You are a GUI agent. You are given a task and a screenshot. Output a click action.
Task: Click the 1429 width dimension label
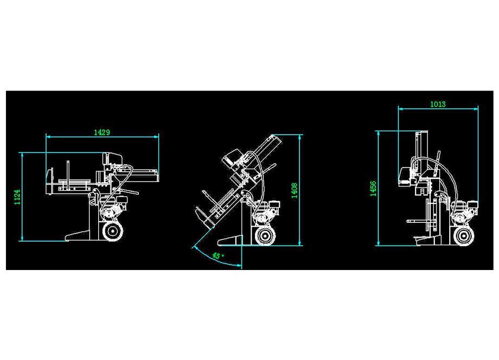[x=102, y=132]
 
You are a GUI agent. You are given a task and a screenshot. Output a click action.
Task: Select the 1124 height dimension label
[x=17, y=197]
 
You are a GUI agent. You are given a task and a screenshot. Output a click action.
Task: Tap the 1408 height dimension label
[x=295, y=190]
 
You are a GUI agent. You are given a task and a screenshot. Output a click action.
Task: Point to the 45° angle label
[x=218, y=256]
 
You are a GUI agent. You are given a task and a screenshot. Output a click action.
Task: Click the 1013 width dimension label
[x=438, y=104]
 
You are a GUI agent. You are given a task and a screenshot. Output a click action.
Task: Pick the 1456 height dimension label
[x=373, y=188]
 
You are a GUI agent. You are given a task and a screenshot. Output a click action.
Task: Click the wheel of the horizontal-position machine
[x=112, y=232]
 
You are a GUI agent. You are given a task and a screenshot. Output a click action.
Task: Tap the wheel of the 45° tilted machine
[x=265, y=236]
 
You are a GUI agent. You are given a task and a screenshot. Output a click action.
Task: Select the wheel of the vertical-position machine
[x=464, y=236]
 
